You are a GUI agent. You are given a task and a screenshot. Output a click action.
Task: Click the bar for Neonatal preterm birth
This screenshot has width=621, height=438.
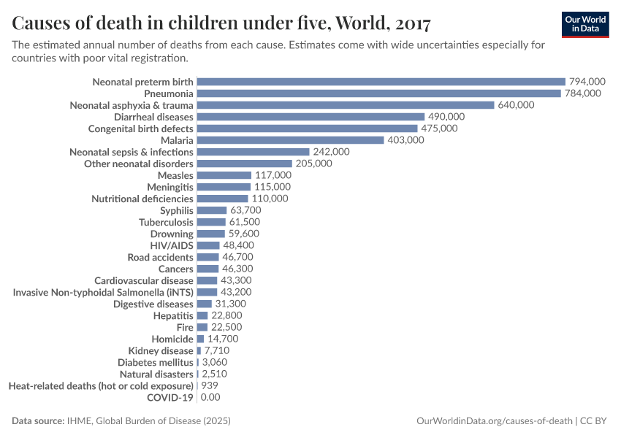click(381, 82)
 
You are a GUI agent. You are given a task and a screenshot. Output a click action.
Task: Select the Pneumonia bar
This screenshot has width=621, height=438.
click(378, 93)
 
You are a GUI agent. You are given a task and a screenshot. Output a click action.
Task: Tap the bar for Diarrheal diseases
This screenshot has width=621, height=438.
click(310, 117)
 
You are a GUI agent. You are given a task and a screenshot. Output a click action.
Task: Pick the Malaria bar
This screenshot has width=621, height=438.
click(290, 140)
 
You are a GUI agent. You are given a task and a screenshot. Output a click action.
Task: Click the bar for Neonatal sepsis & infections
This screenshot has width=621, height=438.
click(253, 152)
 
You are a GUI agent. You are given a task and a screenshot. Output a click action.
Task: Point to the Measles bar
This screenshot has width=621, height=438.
click(224, 175)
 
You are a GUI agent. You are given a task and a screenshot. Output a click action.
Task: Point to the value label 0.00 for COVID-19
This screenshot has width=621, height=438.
click(210, 397)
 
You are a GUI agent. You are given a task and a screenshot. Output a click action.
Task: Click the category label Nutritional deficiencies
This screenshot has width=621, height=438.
click(142, 199)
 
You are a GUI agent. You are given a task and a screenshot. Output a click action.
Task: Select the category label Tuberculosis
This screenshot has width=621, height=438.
click(166, 222)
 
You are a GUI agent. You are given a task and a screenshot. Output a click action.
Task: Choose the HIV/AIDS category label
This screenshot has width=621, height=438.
click(172, 245)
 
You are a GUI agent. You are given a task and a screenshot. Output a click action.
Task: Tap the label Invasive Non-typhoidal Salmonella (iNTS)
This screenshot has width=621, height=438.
click(103, 292)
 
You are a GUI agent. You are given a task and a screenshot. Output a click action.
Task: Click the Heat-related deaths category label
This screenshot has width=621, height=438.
click(101, 385)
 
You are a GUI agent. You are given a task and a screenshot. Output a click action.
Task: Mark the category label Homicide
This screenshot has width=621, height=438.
click(172, 339)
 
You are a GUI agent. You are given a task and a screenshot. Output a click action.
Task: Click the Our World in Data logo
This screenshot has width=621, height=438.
click(585, 24)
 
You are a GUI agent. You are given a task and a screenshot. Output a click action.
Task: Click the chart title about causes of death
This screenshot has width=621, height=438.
click(221, 23)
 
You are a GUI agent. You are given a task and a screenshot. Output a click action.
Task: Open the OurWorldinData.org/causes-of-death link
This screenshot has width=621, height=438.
click(493, 421)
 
